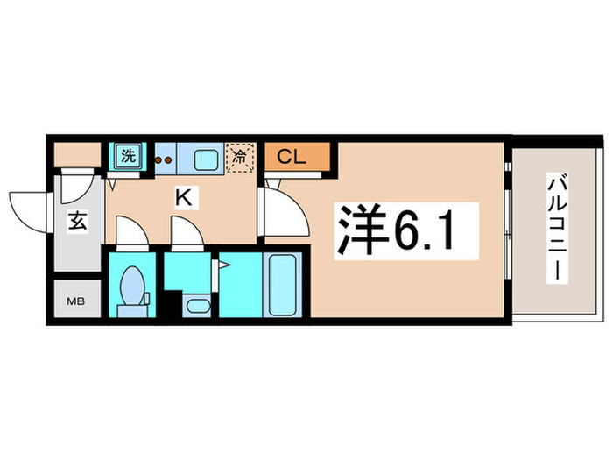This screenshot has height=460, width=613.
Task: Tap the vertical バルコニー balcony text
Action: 555,230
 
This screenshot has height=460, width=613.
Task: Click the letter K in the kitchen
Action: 183,198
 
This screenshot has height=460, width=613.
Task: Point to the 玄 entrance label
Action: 76,221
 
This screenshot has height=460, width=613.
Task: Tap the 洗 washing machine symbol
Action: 129,158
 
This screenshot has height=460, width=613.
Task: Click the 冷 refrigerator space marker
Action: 239,158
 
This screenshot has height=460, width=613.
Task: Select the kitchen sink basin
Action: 206,159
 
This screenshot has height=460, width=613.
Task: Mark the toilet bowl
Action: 134,284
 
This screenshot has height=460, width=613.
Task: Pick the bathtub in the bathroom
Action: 283,285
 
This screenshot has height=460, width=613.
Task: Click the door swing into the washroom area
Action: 186,234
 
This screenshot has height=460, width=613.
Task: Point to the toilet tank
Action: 134,308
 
